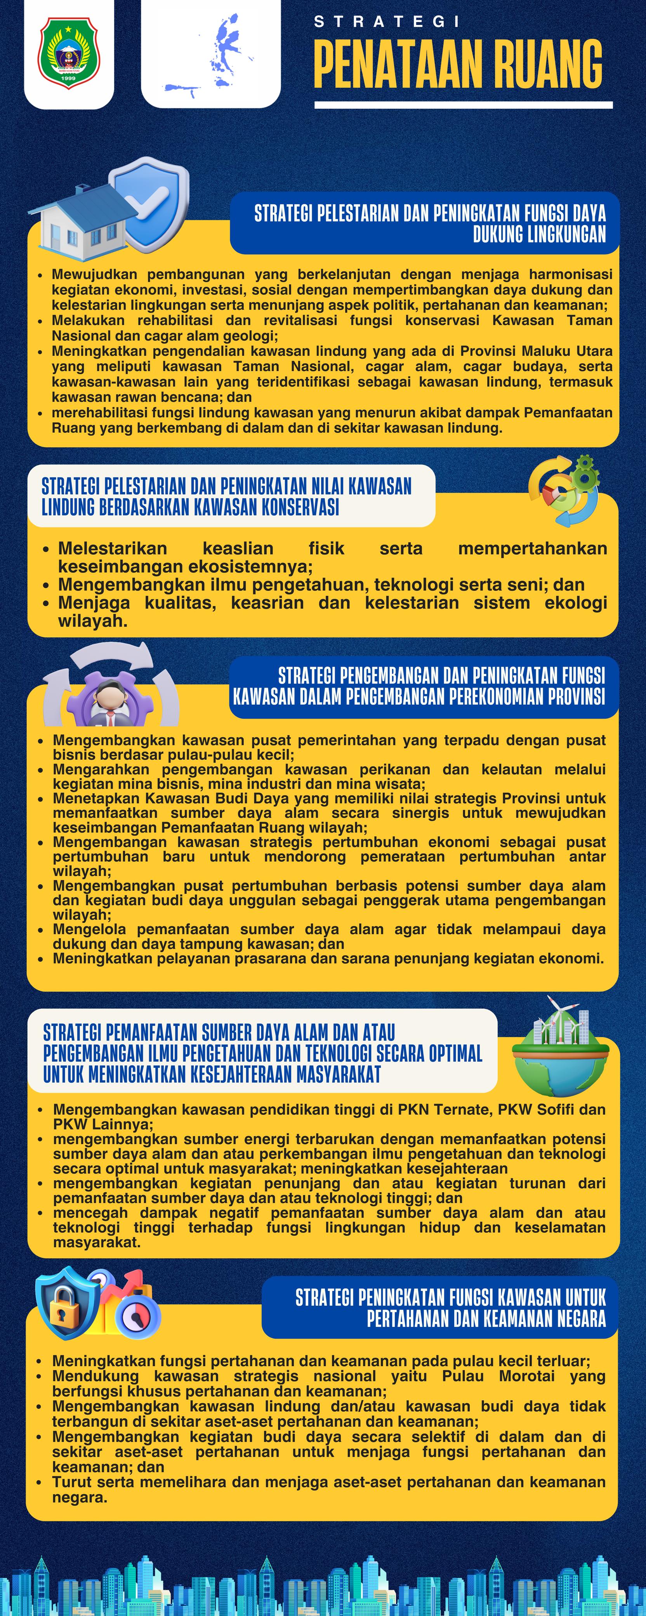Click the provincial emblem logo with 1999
click(68, 53)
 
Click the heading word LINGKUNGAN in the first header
click(539, 235)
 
